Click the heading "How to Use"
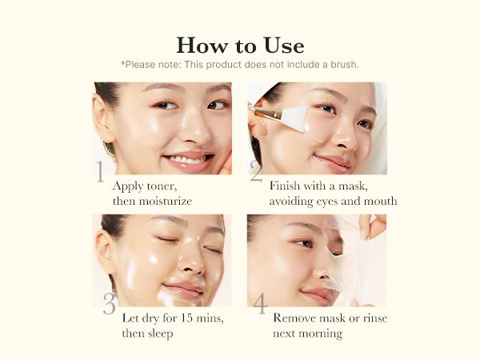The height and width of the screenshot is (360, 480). tap(240, 45)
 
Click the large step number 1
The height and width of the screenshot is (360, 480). tap(100, 173)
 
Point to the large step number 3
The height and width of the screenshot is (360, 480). tap(109, 304)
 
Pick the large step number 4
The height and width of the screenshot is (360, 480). tap(260, 304)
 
